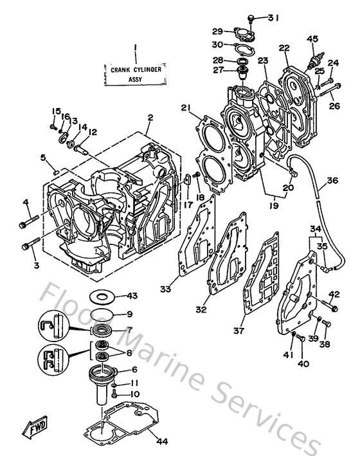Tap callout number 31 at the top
(274, 17)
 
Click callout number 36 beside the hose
(331, 181)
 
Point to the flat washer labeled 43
(100, 297)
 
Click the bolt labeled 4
(30, 222)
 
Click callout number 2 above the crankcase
(149, 118)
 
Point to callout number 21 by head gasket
(186, 107)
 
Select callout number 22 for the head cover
(285, 48)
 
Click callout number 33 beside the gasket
(166, 289)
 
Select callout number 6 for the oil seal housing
(134, 369)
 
